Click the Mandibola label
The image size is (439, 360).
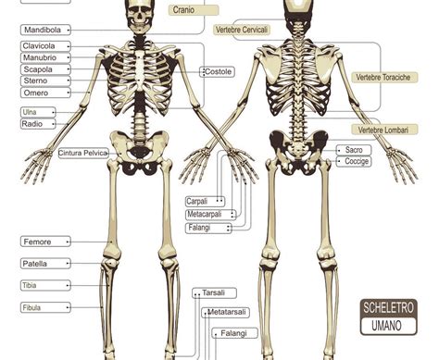tap(45, 30)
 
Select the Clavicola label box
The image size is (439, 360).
tap(45, 46)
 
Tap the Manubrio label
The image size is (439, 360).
tap(45, 57)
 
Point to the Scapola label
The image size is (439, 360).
tap(45, 69)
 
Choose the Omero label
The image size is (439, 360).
tap(45, 93)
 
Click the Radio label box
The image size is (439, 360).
tap(38, 124)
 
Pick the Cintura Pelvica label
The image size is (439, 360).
tap(83, 153)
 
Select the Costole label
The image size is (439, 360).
tap(218, 72)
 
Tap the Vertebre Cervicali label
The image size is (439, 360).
tap(242, 30)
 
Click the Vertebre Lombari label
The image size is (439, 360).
tap(384, 130)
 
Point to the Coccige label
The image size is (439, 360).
tap(354, 161)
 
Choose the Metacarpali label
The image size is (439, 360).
tap(211, 215)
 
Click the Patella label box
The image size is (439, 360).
tap(45, 264)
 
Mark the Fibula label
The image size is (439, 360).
tap(45, 307)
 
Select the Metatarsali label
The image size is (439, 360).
tap(226, 313)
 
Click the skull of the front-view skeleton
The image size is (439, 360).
tap(140, 16)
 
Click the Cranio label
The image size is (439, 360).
tap(194, 10)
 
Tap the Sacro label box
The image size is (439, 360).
tap(354, 150)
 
